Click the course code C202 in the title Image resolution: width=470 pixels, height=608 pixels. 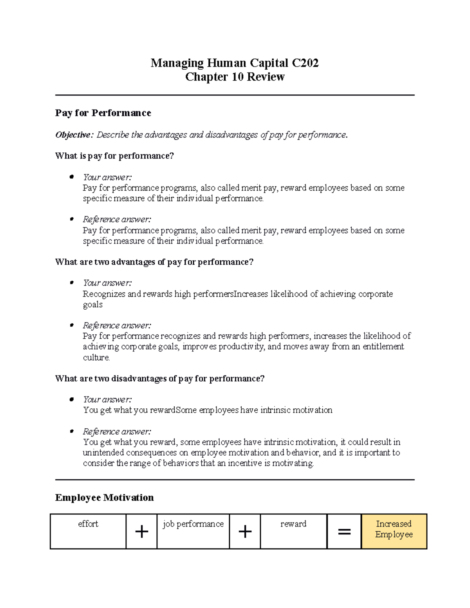(305, 63)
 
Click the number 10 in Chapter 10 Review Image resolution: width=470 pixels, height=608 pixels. (238, 77)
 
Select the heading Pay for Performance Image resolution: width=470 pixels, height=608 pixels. (103, 113)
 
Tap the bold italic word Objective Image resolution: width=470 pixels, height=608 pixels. (73, 135)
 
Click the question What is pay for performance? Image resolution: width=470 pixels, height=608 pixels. (114, 156)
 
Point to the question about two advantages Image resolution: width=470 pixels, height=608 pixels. (154, 262)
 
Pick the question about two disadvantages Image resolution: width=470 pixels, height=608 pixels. (160, 379)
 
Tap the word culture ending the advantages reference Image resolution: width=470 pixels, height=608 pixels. (96, 357)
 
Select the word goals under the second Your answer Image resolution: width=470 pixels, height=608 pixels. (93, 305)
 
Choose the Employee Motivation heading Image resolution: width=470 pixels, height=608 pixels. (104, 498)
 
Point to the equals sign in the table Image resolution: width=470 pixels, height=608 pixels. (344, 532)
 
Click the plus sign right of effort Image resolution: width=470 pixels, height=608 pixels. (141, 532)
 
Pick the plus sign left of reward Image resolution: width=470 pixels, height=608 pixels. (245, 532)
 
